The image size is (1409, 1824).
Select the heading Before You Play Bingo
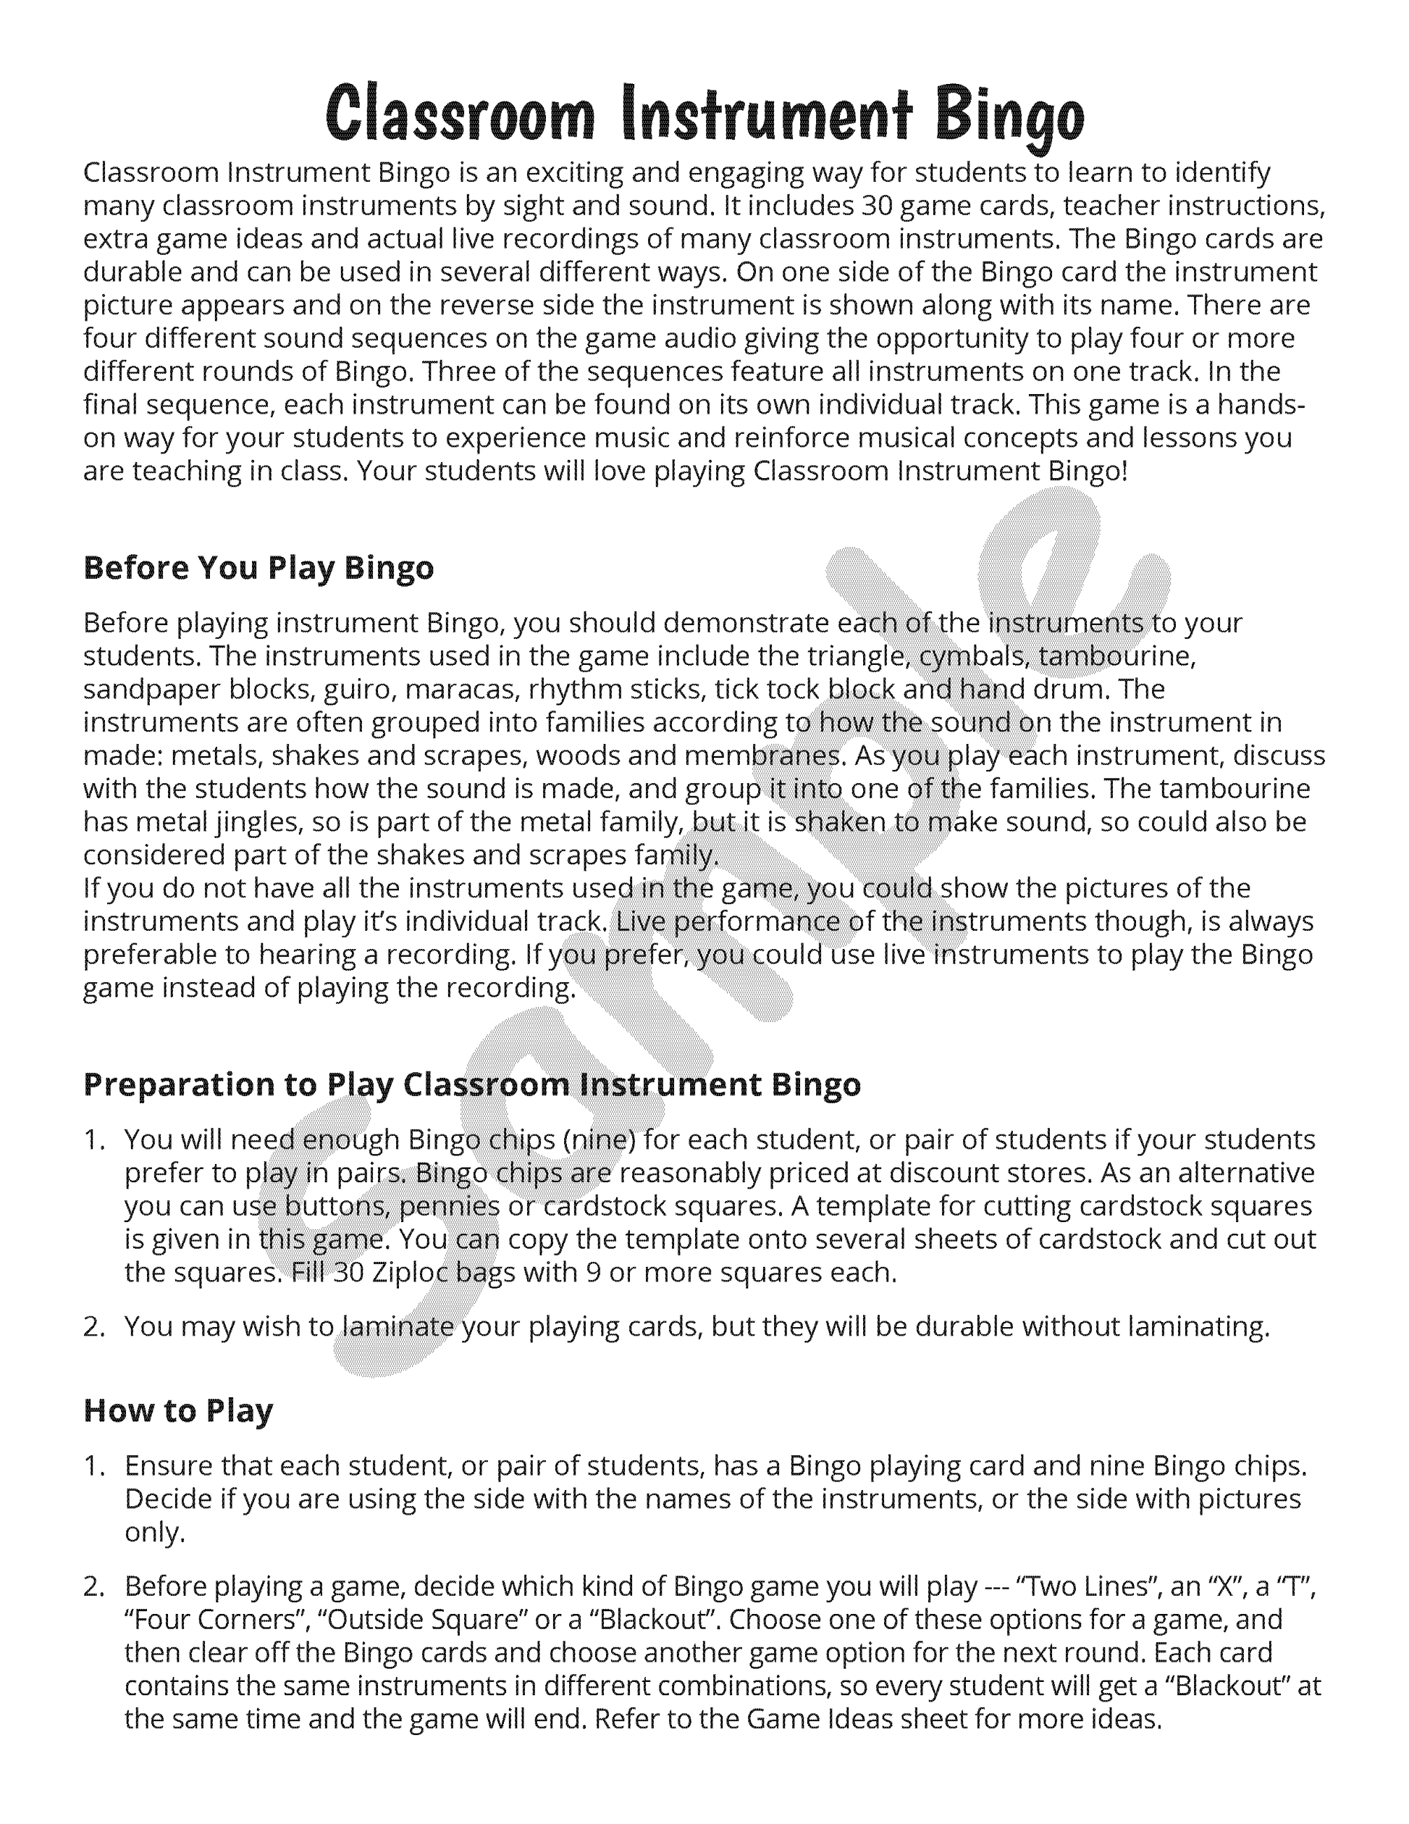click(x=258, y=568)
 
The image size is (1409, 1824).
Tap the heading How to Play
click(x=178, y=1410)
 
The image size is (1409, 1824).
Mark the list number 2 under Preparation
click(x=93, y=1326)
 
